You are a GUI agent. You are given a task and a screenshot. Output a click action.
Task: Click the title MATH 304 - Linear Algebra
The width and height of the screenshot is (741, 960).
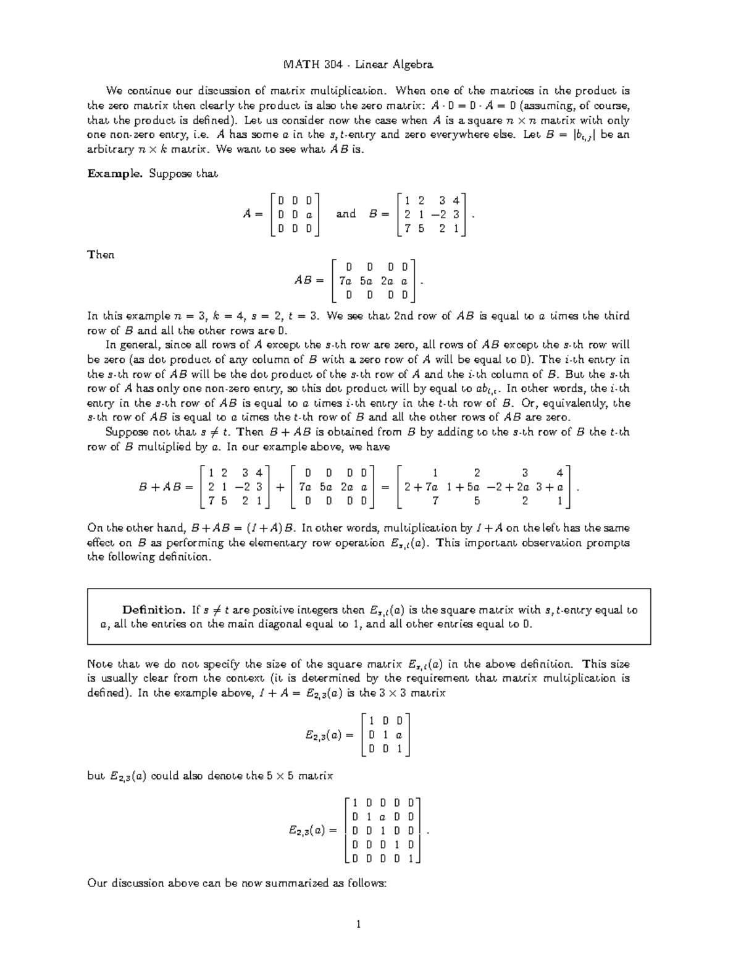(358, 64)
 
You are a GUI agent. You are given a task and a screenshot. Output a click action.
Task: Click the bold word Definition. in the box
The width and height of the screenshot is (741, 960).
(153, 610)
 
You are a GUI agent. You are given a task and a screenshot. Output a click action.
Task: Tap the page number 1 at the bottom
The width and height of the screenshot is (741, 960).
(358, 925)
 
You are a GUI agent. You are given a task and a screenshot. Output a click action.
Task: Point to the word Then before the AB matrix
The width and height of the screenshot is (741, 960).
(101, 255)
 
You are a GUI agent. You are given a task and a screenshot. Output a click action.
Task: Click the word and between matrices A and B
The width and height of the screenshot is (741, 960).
(346, 214)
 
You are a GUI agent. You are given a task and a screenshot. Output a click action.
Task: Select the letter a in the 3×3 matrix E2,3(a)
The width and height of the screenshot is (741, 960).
(399, 735)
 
